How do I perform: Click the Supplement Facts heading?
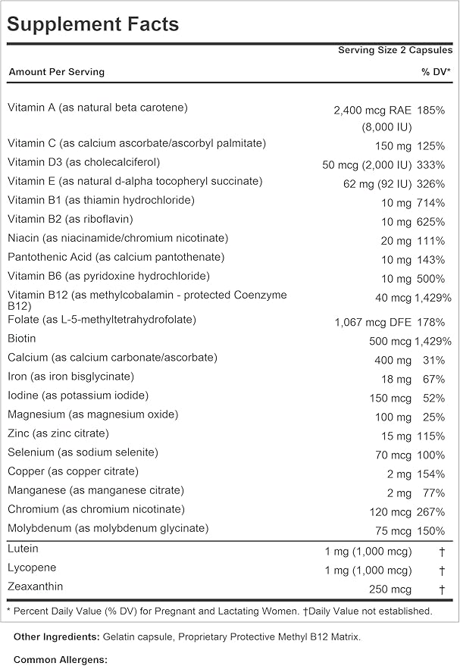tap(92, 24)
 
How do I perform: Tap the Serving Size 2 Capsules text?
tap(395, 50)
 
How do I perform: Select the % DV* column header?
tap(437, 72)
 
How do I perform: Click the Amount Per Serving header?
tap(56, 72)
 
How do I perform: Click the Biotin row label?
tap(23, 338)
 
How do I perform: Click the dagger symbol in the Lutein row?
tap(441, 552)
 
